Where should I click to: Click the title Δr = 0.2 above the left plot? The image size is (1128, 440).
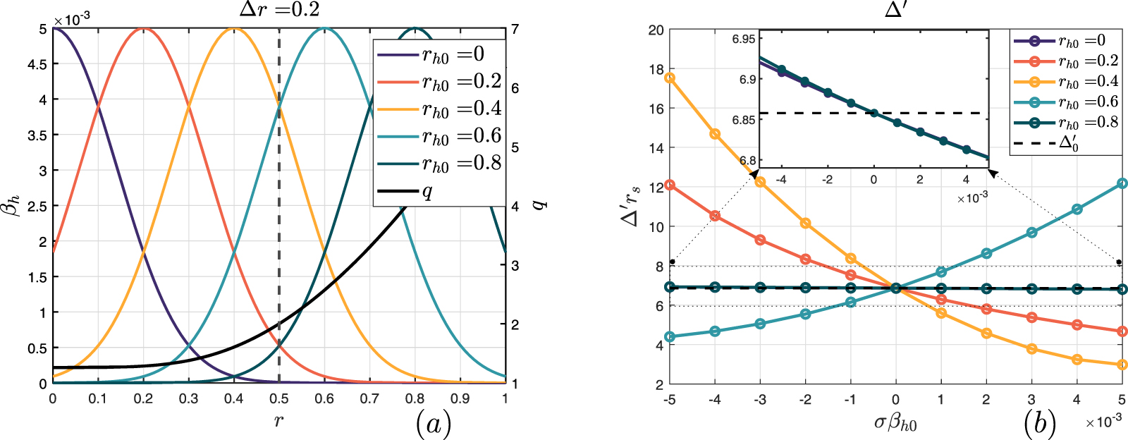(x=279, y=10)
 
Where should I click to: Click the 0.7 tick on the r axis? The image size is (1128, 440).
(x=369, y=398)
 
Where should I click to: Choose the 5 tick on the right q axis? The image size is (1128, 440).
(x=515, y=147)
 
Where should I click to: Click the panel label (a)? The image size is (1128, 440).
(x=433, y=423)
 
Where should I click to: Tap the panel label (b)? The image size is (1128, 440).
(x=1039, y=423)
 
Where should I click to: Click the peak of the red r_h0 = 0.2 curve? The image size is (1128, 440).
(x=143, y=29)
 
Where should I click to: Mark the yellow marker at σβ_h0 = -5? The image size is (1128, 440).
(x=670, y=78)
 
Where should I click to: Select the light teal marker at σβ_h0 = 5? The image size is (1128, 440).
(x=1122, y=184)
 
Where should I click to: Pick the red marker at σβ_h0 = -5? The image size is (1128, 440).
(x=670, y=185)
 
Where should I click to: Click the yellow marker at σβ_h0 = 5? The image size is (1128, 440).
(x=1122, y=365)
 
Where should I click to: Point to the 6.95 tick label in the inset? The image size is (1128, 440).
(x=743, y=39)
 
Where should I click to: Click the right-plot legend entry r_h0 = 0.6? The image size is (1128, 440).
(x=1088, y=102)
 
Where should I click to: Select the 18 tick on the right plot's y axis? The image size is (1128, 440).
(x=656, y=69)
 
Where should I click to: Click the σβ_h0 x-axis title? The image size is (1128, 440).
(x=895, y=423)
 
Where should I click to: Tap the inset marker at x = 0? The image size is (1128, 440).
(x=873, y=113)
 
